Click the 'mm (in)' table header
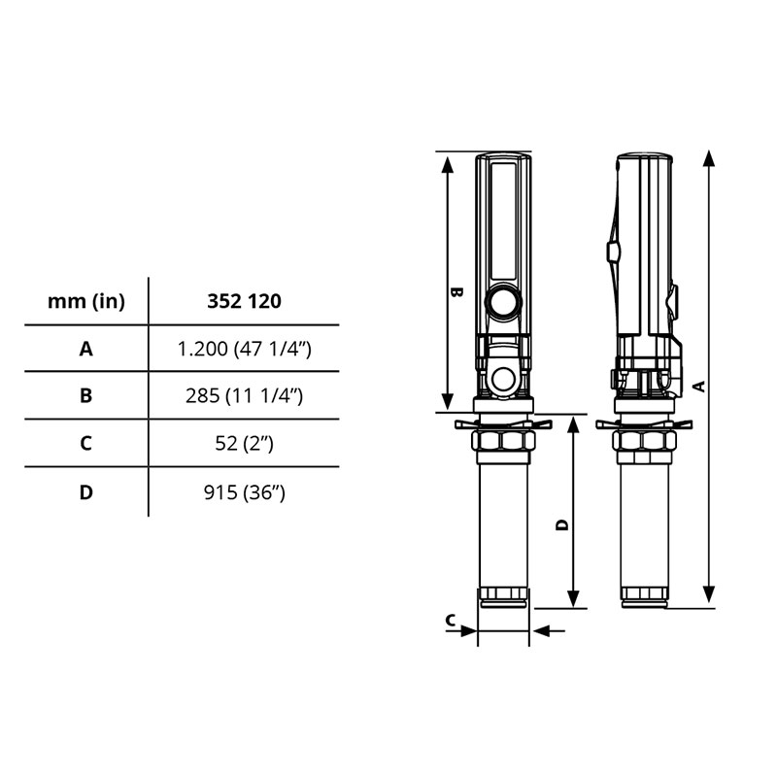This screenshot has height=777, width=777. (86, 301)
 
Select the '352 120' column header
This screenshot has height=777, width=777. (244, 301)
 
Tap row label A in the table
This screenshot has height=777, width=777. (86, 349)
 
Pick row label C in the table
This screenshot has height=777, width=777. (86, 443)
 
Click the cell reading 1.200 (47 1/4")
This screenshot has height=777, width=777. (244, 349)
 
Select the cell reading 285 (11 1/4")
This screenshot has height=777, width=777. (244, 395)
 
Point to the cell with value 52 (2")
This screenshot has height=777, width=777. (244, 443)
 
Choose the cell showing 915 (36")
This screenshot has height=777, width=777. (244, 492)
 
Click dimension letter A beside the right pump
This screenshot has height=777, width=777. (697, 386)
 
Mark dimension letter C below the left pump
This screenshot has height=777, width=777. (451, 620)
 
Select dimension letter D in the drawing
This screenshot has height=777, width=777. (561, 524)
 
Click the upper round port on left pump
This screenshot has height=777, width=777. (503, 302)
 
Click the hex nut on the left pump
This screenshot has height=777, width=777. (503, 442)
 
